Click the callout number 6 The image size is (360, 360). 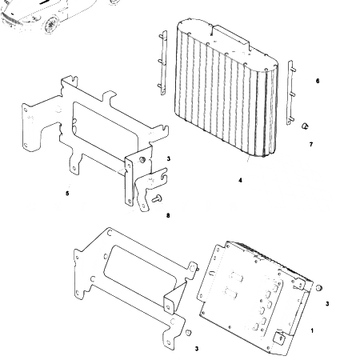[x=318, y=82]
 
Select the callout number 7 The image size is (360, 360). [x=311, y=144]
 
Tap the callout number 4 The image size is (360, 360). [x=240, y=180]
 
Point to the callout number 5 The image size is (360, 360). [x=67, y=193]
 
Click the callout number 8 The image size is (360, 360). [x=168, y=214]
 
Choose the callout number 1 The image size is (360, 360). [x=312, y=330]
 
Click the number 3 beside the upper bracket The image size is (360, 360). [x=169, y=160]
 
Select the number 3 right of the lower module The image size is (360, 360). [x=326, y=304]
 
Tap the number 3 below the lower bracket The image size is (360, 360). [x=197, y=348]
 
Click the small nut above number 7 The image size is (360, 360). [x=305, y=126]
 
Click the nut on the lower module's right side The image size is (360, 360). [x=318, y=287]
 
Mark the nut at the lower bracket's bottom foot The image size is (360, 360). [x=188, y=332]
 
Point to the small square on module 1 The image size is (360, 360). [x=279, y=337]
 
